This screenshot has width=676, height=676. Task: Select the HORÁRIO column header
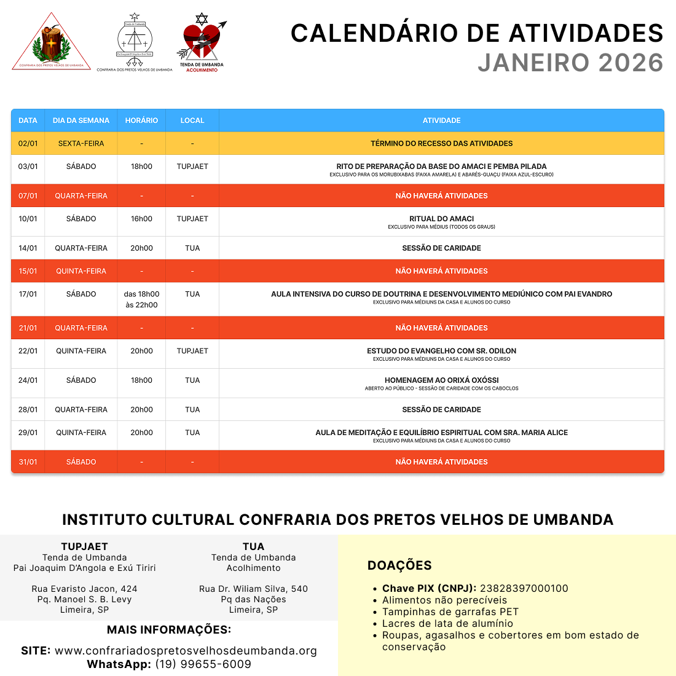pos(141,120)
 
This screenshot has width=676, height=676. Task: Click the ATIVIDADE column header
pos(441,120)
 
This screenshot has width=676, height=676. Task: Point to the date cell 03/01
pos(28,167)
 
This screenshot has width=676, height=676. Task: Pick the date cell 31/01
pos(28,462)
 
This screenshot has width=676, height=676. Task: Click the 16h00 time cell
pos(141,219)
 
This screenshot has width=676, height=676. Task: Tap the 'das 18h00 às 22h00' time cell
pos(141,299)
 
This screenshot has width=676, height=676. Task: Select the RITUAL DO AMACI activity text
pos(441,219)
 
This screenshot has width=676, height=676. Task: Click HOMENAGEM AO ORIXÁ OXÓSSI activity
pos(441,380)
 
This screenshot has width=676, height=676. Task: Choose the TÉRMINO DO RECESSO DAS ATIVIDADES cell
pos(441,144)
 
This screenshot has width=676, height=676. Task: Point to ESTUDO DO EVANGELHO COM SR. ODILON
pos(441,351)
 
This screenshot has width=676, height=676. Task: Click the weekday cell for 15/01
pos(81,271)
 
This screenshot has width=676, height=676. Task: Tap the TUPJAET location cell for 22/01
pos(192,351)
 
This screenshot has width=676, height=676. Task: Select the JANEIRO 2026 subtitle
pos(570,63)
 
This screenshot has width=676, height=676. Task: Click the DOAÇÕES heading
pos(399,565)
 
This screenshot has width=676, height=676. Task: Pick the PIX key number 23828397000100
pos(524,588)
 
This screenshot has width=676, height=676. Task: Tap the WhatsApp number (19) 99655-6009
pos(203,664)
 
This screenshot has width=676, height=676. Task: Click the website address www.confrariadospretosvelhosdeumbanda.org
pos(186,651)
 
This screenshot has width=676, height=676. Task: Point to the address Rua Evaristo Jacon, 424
pos(85,589)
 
